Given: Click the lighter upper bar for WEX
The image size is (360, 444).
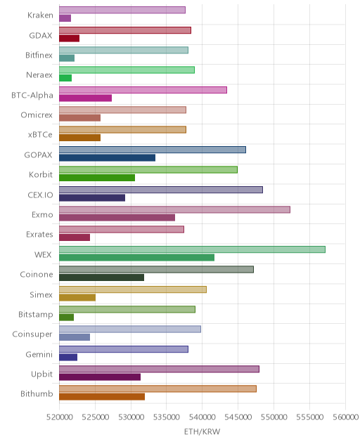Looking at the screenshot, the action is (192, 249).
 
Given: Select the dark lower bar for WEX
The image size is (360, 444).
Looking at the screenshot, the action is (136, 257).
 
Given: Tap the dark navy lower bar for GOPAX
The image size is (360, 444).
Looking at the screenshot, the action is (107, 158).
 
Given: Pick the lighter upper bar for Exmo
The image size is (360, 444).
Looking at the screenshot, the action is (174, 209).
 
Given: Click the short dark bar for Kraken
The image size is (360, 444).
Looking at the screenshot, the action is (65, 18).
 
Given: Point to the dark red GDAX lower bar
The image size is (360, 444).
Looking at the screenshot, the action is (69, 38).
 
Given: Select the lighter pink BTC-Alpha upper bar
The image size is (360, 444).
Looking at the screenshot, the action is (143, 90).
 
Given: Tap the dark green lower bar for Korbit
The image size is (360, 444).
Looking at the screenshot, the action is (97, 178).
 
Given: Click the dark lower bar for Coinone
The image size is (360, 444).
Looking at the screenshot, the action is (101, 277).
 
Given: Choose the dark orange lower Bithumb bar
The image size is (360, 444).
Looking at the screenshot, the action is (102, 397).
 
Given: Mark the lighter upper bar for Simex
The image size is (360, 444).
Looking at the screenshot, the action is (133, 289).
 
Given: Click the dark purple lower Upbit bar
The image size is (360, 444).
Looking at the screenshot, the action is (100, 377).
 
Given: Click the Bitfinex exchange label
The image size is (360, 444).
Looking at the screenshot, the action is (39, 55).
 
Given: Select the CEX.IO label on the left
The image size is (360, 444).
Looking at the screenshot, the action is (40, 195).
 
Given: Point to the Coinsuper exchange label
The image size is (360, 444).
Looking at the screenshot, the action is (32, 334).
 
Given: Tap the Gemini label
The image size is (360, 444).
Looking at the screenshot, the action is (39, 354).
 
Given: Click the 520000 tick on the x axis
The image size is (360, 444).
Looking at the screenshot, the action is (59, 417).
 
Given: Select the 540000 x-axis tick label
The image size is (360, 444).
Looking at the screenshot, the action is (202, 417).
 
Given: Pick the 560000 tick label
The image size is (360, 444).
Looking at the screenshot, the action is (345, 417).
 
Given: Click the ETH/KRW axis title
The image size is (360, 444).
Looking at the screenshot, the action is (202, 431).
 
